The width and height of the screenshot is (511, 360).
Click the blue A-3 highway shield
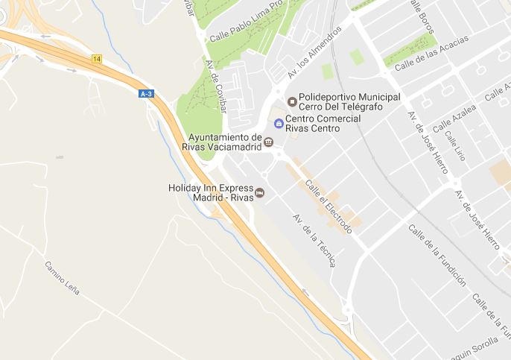tap(146, 93)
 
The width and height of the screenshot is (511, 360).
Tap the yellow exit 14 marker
tap(97, 58)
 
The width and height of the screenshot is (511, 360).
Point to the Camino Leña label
tap(62, 277)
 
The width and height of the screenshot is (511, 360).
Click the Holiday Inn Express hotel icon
tap(260, 192)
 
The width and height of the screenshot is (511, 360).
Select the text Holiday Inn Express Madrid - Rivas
tap(211, 192)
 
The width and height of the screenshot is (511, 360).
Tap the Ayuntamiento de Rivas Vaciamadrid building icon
tap(269, 142)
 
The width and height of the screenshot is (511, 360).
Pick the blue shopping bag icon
tap(279, 123)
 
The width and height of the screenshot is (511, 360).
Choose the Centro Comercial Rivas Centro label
tap(323, 123)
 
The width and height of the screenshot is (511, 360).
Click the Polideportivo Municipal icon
tap(291, 101)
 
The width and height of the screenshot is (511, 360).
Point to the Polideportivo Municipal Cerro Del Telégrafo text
tap(349, 101)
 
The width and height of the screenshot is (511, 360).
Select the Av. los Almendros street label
tap(314, 52)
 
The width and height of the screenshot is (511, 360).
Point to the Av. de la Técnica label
tap(314, 241)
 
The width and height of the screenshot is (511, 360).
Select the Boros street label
tap(422, 14)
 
